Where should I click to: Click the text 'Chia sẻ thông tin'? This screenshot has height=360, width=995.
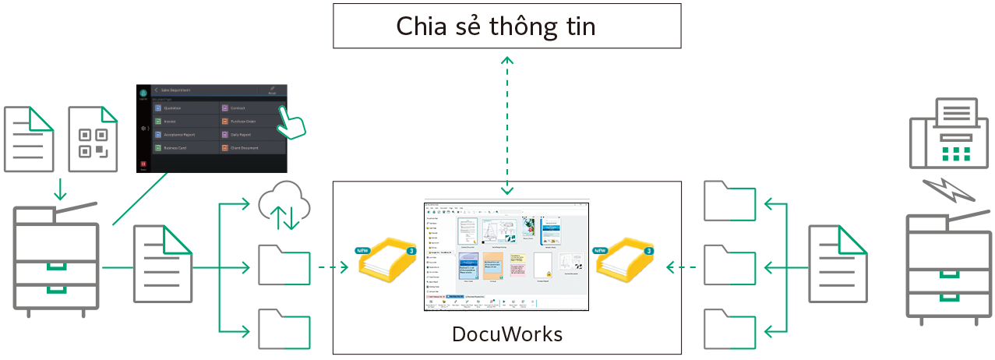(x=496, y=27)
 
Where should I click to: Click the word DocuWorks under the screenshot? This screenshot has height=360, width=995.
(x=506, y=335)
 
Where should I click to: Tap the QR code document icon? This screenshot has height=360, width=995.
(x=94, y=140)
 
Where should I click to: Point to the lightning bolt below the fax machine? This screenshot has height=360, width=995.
(x=943, y=191)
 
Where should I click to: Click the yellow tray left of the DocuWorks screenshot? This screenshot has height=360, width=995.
(x=387, y=260)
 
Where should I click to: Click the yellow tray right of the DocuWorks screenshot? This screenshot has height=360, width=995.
(x=626, y=260)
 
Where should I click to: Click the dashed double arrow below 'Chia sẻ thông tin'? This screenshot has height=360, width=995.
(x=507, y=125)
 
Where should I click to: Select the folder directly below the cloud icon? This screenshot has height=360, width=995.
(x=284, y=265)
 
